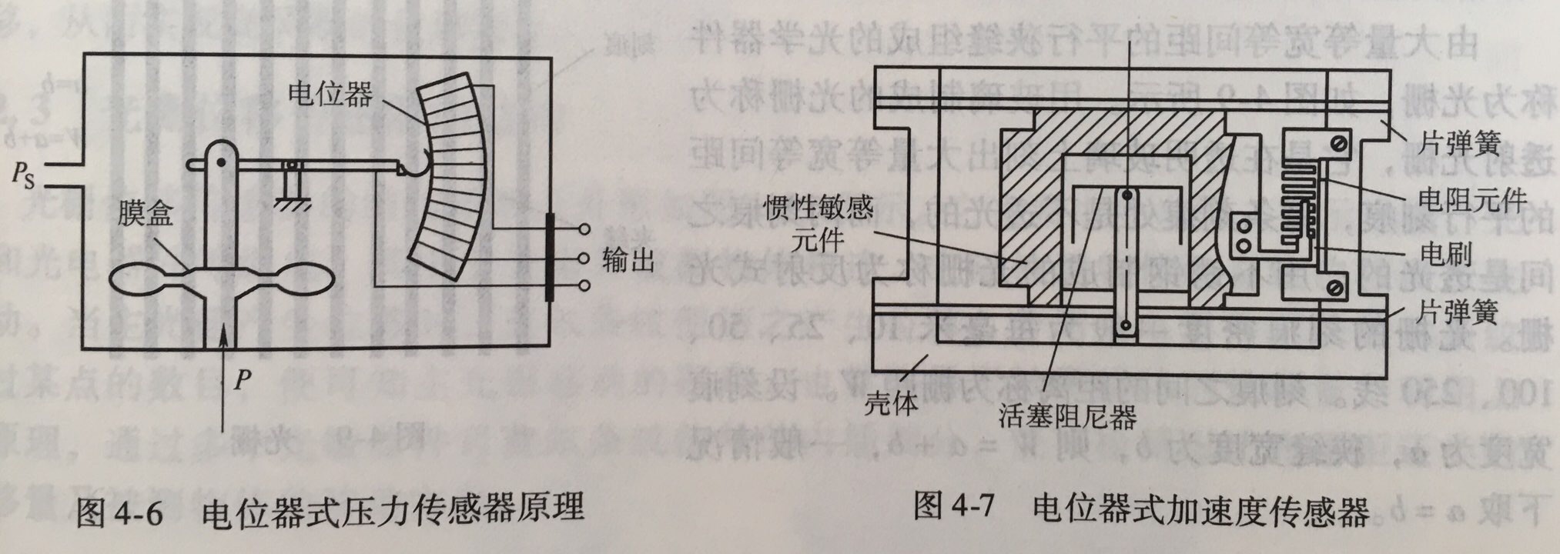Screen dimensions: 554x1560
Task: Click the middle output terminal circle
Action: (584, 258)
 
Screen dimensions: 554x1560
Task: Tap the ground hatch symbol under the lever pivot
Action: (291, 202)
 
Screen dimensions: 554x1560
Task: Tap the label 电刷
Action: (1447, 255)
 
